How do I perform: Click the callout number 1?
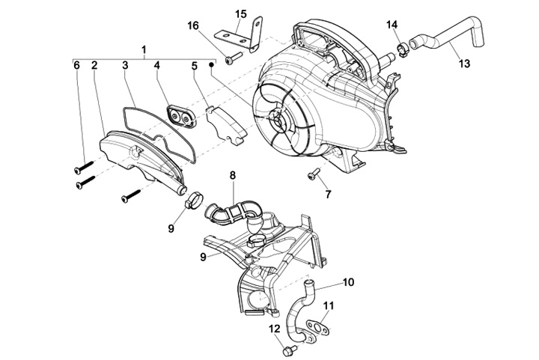143,50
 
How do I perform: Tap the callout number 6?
76,66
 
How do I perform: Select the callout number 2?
94,66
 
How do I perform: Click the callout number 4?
157,66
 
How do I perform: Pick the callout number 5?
193,66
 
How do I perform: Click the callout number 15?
240,14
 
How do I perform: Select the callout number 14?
392,25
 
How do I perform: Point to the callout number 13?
464,64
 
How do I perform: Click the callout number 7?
327,195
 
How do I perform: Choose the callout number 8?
233,175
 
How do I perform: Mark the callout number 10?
348,283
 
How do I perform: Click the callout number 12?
273,329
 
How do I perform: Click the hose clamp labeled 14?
404,49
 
